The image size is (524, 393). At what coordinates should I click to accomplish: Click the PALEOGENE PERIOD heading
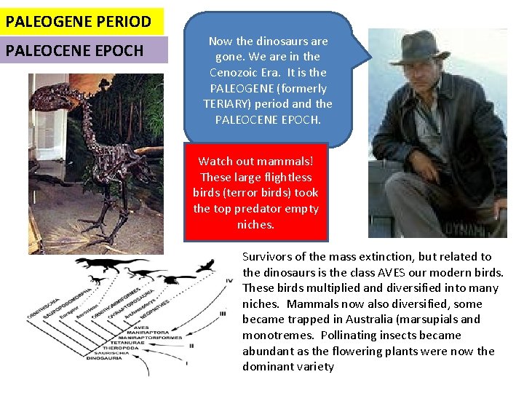pyautogui.click(x=78, y=21)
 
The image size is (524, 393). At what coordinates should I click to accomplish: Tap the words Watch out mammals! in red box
pyautogui.click(x=255, y=161)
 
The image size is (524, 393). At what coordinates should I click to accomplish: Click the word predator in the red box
pyautogui.click(x=254, y=209)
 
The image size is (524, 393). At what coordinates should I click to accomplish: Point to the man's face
pyautogui.click(x=429, y=72)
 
